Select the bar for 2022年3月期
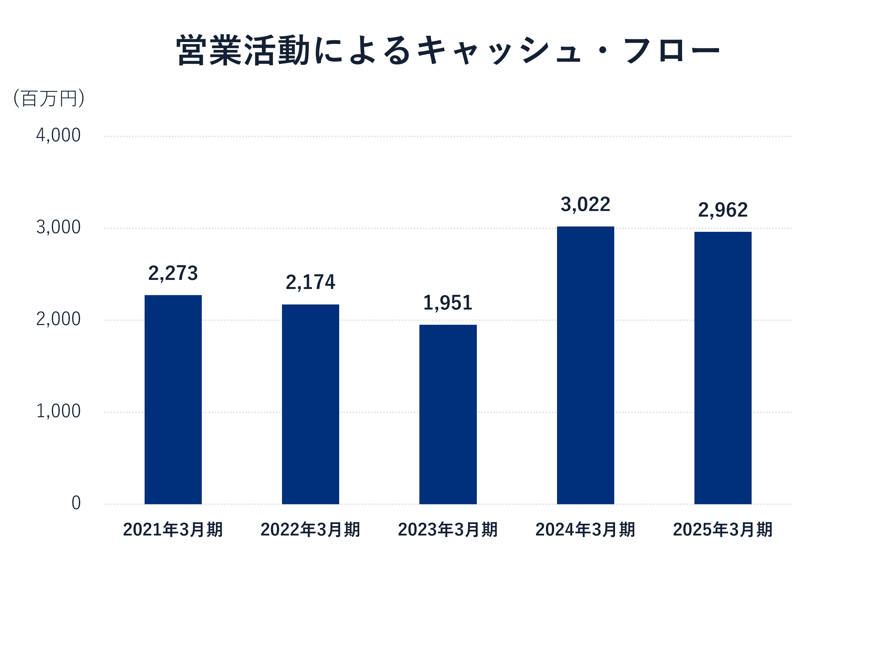click(310, 404)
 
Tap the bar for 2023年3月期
click(448, 414)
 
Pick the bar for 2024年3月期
click(585, 365)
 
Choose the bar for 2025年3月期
click(722, 368)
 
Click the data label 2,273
click(173, 273)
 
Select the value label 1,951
click(448, 303)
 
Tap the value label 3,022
click(585, 205)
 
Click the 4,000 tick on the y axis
click(59, 135)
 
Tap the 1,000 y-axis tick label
click(59, 411)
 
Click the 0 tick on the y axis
click(76, 503)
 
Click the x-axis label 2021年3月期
click(173, 529)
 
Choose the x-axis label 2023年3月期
click(448, 529)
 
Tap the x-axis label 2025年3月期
click(722, 529)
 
